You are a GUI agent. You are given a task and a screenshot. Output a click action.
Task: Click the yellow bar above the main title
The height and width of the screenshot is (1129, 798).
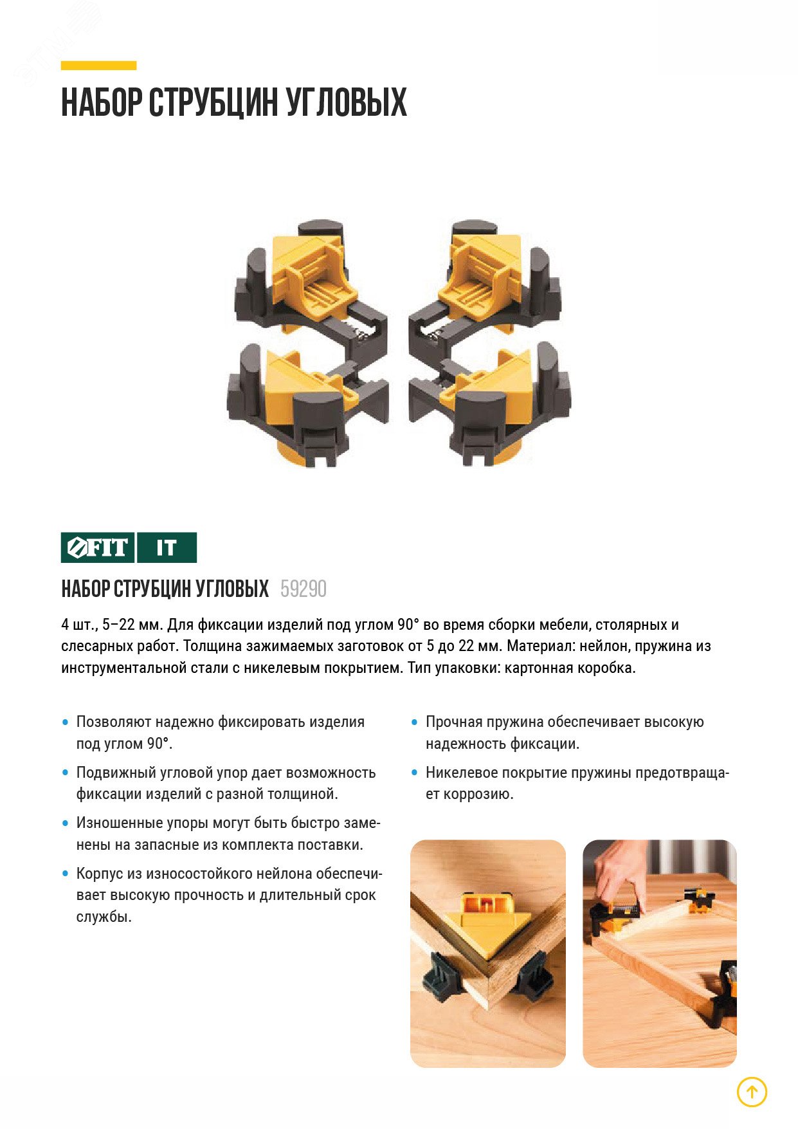98,65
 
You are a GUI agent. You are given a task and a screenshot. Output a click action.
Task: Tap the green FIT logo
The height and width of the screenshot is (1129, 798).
98,547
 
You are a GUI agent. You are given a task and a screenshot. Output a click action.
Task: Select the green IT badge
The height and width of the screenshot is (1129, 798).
167,547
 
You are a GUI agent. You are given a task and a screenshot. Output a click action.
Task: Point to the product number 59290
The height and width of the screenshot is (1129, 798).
304,589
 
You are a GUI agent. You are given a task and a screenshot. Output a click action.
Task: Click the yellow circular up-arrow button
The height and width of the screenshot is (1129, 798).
752,1092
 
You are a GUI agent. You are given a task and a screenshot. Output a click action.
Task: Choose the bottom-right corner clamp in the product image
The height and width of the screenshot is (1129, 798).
490,405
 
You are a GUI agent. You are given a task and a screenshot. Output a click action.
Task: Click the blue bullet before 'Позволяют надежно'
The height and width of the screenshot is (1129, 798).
65,722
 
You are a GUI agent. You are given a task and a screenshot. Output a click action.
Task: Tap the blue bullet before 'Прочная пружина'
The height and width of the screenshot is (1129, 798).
414,722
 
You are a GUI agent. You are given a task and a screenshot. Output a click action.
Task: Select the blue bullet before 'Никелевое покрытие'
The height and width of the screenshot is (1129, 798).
414,773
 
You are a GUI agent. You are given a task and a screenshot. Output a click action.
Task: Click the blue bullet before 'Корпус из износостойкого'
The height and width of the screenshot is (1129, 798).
65,874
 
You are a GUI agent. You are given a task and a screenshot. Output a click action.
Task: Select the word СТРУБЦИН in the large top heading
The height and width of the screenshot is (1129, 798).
213,102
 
